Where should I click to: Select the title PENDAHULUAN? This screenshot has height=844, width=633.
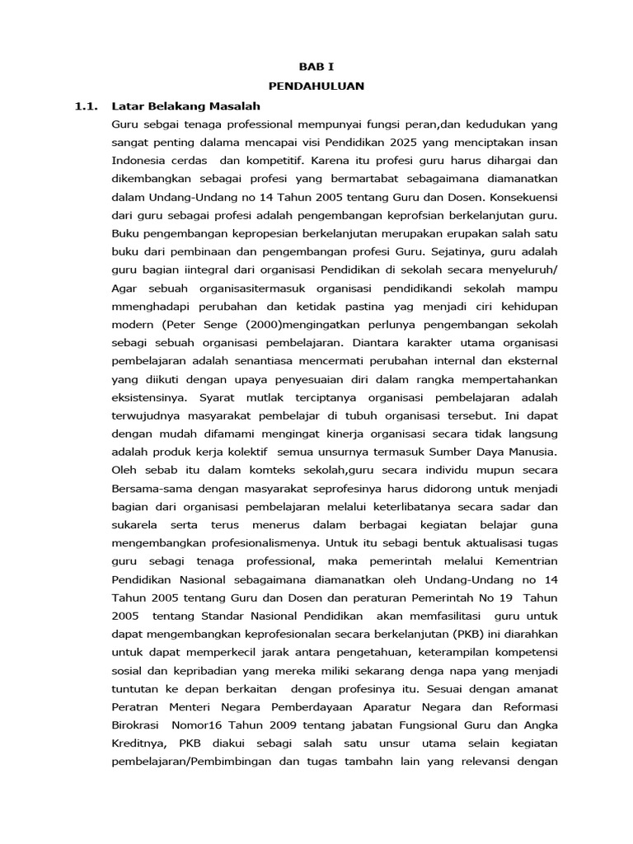[x=316, y=85]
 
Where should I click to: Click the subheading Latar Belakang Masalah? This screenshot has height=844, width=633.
[x=185, y=106]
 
